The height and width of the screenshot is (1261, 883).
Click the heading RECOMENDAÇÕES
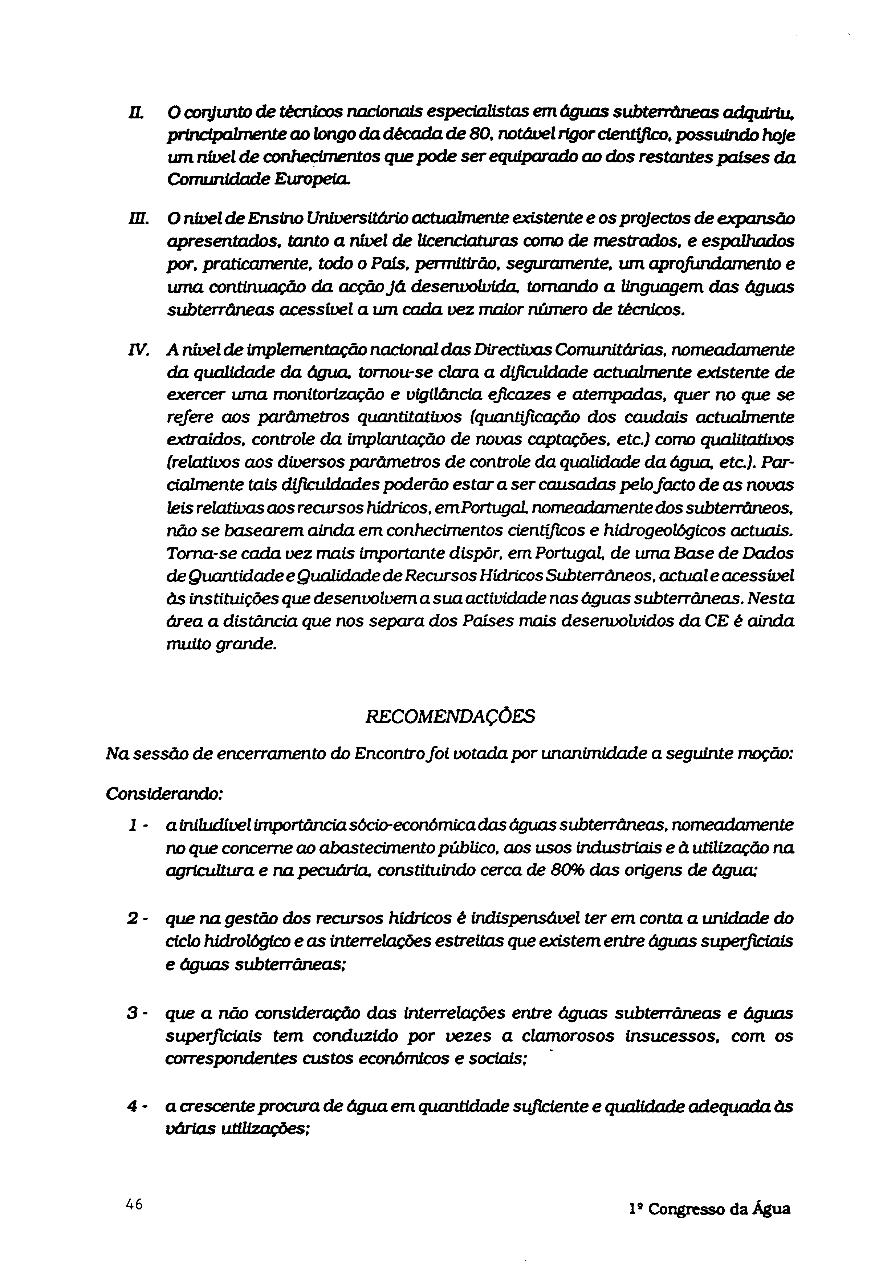pyautogui.click(x=450, y=717)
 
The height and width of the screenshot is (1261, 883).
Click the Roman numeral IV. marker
pyautogui.click(x=136, y=350)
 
